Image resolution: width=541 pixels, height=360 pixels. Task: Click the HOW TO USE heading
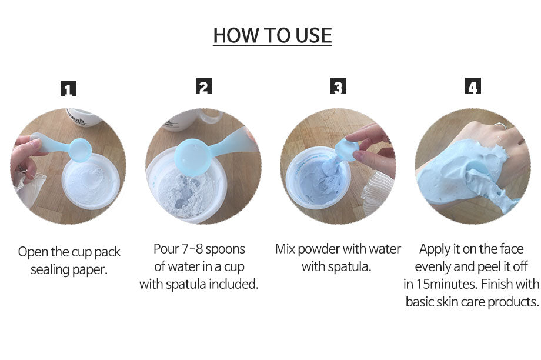[272, 35]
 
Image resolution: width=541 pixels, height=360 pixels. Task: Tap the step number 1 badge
[68, 88]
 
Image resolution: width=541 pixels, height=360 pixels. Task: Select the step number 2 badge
[203, 86]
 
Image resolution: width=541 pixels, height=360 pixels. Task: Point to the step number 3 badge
[338, 86]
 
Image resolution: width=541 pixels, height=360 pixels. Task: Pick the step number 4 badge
[473, 86]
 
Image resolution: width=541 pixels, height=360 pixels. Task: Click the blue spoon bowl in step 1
[80, 150]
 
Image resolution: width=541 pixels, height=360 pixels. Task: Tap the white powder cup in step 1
[91, 181]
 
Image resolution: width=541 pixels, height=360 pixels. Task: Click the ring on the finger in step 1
[22, 169]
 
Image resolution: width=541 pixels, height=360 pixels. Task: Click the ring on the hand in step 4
[500, 126]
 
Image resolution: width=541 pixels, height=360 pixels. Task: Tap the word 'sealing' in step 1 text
[48, 269]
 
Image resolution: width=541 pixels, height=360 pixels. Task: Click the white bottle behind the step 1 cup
[84, 118]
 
